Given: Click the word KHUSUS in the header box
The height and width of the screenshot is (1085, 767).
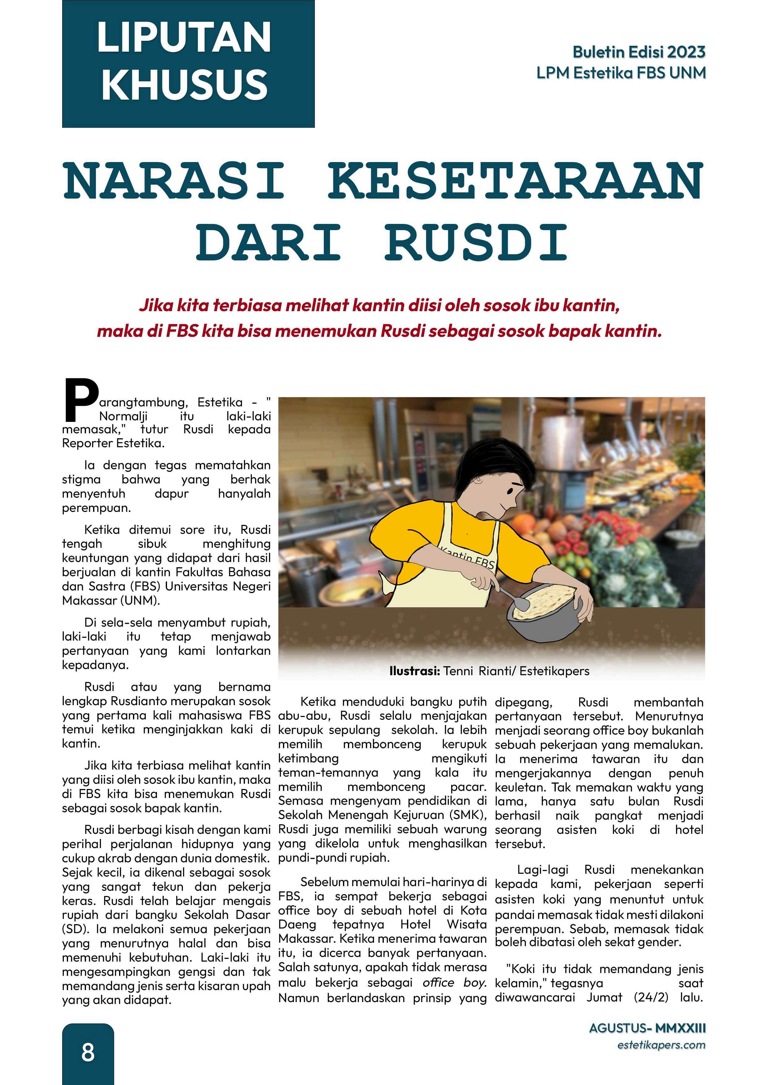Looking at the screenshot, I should coord(184,84).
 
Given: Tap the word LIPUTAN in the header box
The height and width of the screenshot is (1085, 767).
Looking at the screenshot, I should coord(184,38).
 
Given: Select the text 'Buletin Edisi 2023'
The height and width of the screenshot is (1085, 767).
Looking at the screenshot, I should coord(639,52).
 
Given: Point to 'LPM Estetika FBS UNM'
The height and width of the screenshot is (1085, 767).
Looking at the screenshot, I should coord(621,73).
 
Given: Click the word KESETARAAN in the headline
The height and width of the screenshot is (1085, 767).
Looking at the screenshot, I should coord(515,182).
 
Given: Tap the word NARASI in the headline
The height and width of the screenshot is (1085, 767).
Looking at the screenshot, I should coord(174,182).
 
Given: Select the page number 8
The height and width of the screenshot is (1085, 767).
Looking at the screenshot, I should coord(88,1053).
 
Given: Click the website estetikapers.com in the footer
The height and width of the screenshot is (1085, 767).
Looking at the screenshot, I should coord(661,1045).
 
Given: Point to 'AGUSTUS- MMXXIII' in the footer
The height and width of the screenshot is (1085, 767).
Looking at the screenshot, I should coord(647,1028).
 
